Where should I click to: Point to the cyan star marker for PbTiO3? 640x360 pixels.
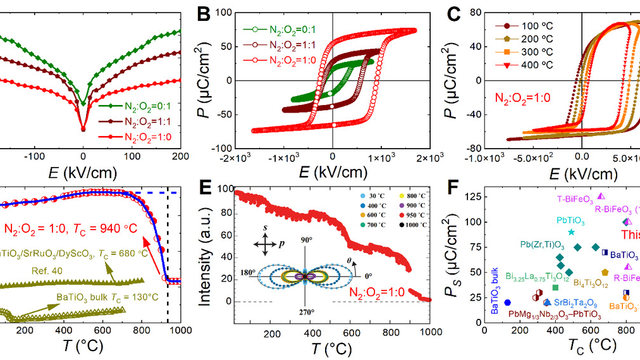coord(571,232)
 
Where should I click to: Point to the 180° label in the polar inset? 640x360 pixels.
coord(248,272)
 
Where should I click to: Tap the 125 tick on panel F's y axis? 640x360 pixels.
coord(473,197)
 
